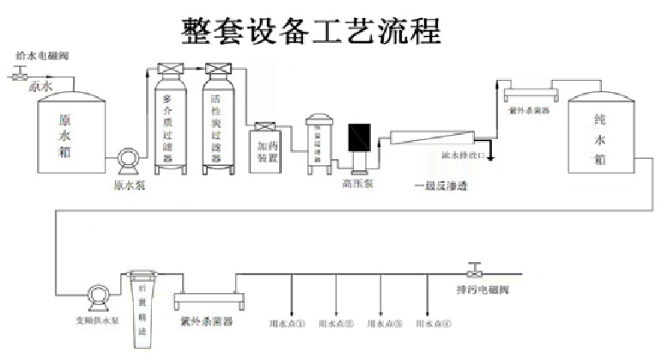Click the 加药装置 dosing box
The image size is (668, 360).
pyautogui.click(x=265, y=149)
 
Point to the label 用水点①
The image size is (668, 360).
pyautogui.click(x=288, y=325)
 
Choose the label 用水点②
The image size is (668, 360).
pyautogui.click(x=336, y=325)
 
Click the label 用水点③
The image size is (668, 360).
pyautogui.click(x=384, y=325)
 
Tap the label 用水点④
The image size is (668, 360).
pyautogui.click(x=433, y=325)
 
